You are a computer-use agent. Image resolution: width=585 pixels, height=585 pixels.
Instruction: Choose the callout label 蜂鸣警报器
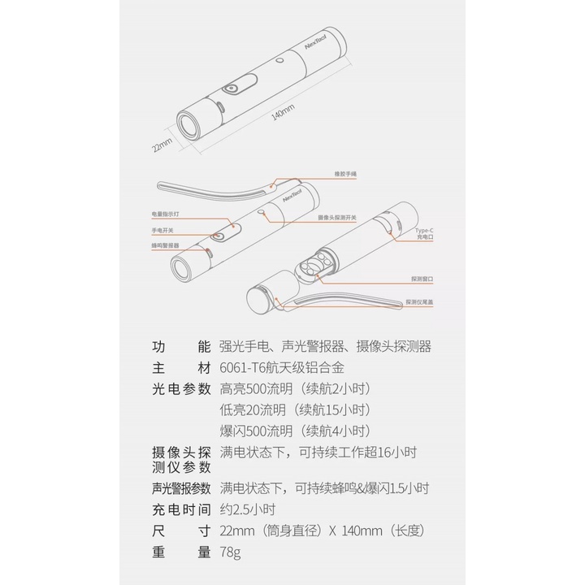(165, 245)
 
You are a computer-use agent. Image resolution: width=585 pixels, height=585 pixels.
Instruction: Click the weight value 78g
(231, 552)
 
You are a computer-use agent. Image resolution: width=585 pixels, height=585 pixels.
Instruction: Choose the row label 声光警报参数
(181, 489)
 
